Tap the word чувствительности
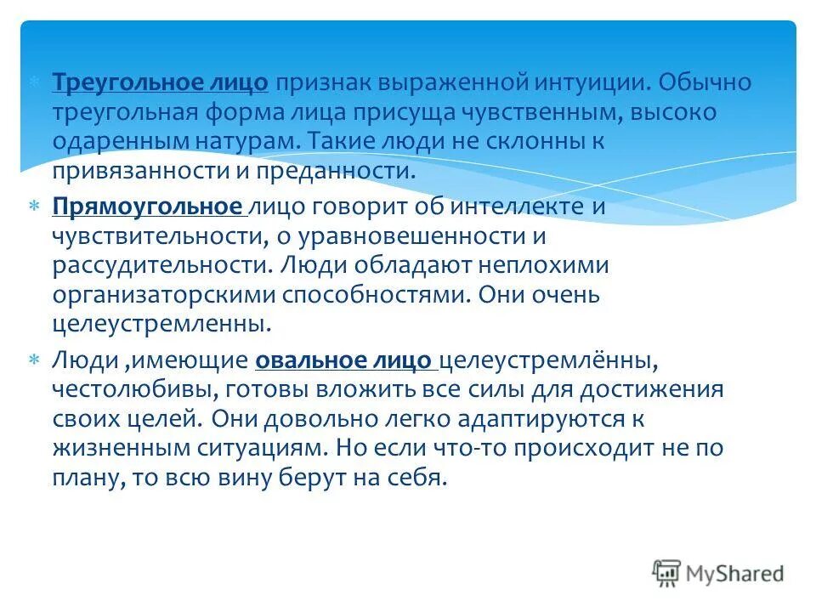[150, 235]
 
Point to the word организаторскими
[162, 294]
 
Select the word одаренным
[118, 142]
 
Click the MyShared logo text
[735, 574]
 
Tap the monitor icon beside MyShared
[666, 574]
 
